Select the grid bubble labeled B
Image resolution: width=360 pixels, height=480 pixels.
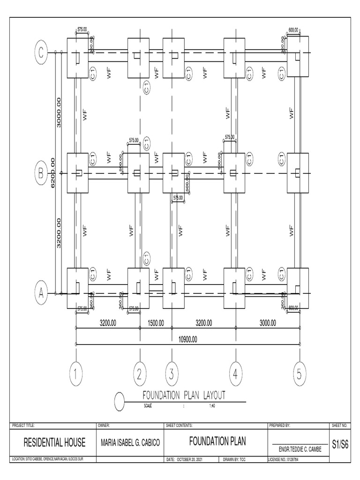(41, 173)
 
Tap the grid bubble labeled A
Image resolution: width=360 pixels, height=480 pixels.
(41, 293)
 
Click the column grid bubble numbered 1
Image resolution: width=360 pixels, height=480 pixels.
(76, 374)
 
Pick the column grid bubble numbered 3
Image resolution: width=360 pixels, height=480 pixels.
(172, 374)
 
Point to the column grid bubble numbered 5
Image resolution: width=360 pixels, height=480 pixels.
(300, 374)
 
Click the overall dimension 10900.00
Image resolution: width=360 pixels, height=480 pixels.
(187, 339)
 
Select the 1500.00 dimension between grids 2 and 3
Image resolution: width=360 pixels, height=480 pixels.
(156, 323)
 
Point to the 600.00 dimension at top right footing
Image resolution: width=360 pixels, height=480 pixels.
(294, 30)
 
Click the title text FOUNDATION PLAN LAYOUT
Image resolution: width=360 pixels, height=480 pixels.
(184, 395)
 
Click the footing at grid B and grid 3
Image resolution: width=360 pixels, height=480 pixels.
(174, 173)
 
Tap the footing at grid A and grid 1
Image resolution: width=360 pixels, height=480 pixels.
(77, 288)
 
